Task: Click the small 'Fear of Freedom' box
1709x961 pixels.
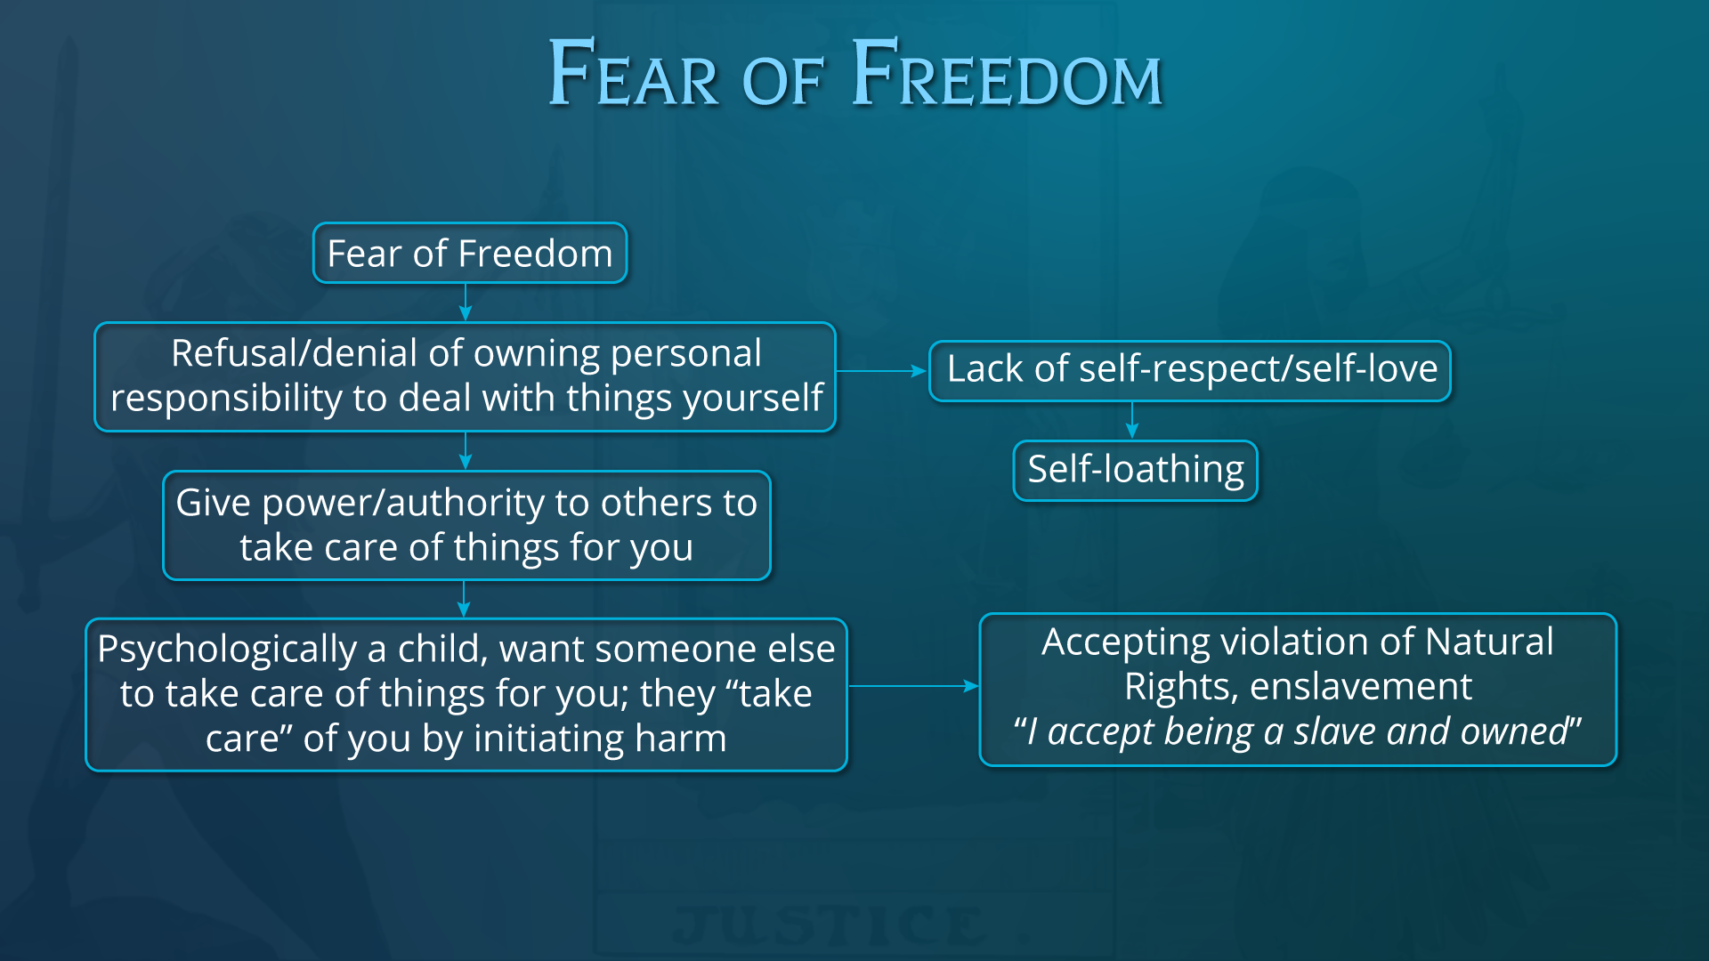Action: pyautogui.click(x=470, y=254)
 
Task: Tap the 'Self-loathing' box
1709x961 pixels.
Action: pyautogui.click(x=1136, y=471)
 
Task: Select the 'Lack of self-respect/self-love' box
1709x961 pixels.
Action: pyautogui.click(x=1190, y=371)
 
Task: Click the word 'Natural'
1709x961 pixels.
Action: pyautogui.click(x=1489, y=642)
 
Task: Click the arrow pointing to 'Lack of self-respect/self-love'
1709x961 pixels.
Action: pyautogui.click(x=882, y=371)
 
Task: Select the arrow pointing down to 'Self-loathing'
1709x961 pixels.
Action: pyautogui.click(x=1132, y=420)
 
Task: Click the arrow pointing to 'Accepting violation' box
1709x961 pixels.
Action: pyautogui.click(x=913, y=686)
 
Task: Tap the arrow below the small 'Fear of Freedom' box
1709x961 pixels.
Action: pyautogui.click(x=466, y=303)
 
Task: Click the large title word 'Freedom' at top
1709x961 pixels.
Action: pyautogui.click(x=1007, y=73)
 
